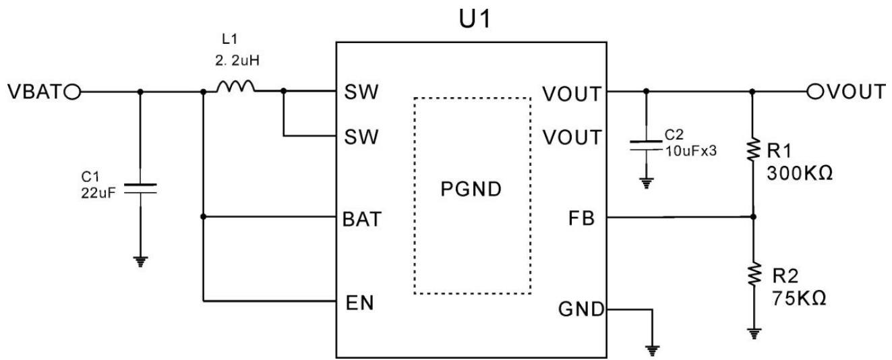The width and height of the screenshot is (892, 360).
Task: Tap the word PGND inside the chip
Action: point(471,189)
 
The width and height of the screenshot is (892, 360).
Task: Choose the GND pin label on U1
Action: point(581,310)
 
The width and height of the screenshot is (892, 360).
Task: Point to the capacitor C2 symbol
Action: point(646,146)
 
